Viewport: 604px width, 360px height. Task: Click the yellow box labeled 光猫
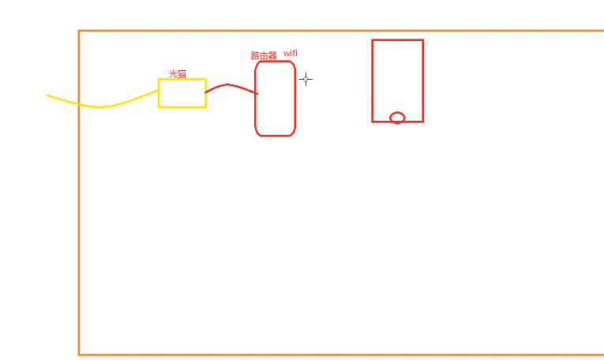[x=182, y=93]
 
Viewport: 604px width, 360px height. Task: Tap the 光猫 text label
[x=178, y=73]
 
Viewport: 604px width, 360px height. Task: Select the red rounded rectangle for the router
[x=275, y=99]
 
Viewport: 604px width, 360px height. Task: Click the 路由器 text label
[x=264, y=55]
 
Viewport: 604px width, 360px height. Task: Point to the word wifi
[x=291, y=53]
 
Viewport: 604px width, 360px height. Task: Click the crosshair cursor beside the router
[x=306, y=79]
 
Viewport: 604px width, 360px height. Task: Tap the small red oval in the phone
[x=397, y=118]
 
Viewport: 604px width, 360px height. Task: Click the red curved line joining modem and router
[x=229, y=85]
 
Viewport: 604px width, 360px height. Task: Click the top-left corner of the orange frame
[x=79, y=31]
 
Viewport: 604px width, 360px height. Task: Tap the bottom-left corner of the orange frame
[x=79, y=354]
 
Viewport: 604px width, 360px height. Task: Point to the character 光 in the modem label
[x=173, y=73]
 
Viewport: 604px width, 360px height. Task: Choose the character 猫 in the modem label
[x=182, y=73]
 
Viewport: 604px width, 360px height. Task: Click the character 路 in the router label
[x=255, y=55]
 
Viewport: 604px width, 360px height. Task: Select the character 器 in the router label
[x=272, y=55]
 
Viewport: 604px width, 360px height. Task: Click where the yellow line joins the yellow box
[x=159, y=91]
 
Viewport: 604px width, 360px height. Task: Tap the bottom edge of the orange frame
[x=340, y=354]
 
